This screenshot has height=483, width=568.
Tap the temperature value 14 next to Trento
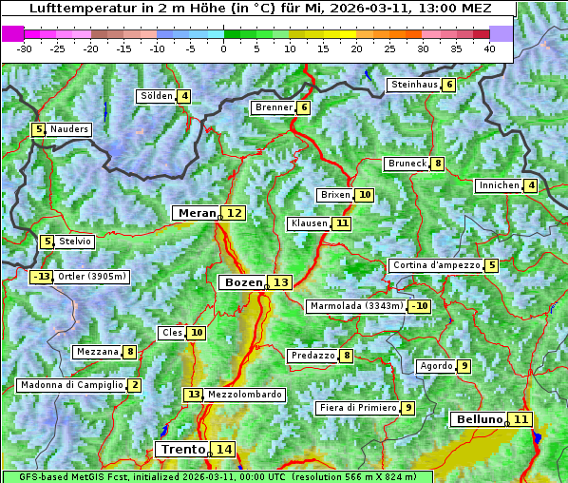point(223,449)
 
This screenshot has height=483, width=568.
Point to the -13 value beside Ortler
point(41,277)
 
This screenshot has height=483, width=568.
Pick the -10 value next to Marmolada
point(420,306)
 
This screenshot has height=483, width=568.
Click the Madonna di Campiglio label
point(71,385)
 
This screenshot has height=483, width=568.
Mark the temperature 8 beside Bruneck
point(437,164)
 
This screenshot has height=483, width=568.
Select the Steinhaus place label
point(414,85)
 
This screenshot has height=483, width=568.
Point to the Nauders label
point(69,129)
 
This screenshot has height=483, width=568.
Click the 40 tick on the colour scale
point(489,48)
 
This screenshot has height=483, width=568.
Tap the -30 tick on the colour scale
point(25,48)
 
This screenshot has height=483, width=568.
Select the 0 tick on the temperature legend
point(223,48)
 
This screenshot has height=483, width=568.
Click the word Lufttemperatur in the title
point(74,8)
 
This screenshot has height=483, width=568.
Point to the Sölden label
point(157,96)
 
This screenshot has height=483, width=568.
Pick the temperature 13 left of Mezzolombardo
point(193,394)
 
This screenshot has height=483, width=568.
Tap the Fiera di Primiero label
point(358,408)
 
